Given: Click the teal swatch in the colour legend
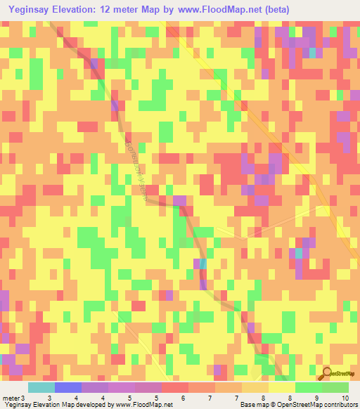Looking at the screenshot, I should point(41,387).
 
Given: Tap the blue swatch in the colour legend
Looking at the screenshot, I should point(67,387).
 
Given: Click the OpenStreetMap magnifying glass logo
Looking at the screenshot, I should point(326,374).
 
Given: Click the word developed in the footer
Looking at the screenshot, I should point(93,405).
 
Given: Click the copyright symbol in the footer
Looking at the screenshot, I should point(275,405).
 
